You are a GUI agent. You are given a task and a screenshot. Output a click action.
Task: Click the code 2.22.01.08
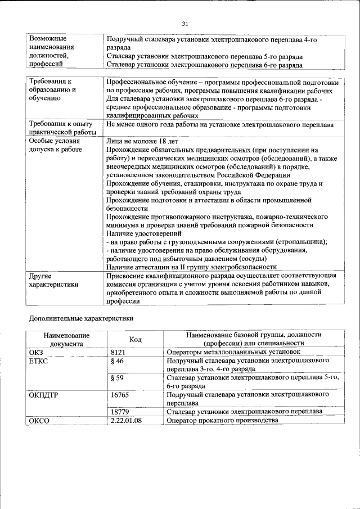[x=126, y=420]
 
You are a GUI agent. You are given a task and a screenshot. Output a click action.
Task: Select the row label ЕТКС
[x=38, y=361]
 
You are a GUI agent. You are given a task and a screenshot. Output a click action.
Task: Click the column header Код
[x=135, y=339]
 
